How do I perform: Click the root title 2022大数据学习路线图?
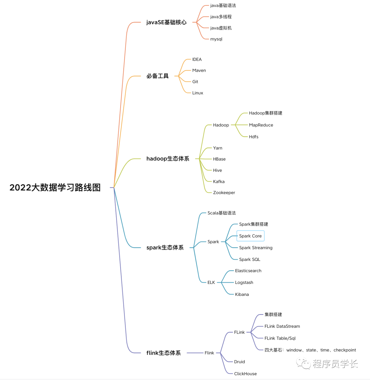click(55, 187)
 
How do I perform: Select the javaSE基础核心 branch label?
click(166, 22)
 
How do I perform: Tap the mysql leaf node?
click(216, 39)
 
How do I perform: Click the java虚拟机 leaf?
click(221, 28)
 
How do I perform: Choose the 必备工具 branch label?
click(158, 76)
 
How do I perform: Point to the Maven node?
click(199, 70)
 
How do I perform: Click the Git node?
click(195, 82)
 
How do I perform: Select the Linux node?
click(198, 93)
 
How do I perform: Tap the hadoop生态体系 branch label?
click(168, 159)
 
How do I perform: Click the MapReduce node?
click(261, 125)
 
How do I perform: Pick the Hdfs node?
click(254, 137)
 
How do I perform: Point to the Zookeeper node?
click(224, 193)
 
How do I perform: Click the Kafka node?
click(219, 181)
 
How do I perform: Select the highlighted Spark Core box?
click(250, 236)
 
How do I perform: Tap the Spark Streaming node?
click(256, 247)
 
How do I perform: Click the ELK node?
click(211, 282)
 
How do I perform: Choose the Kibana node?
click(242, 294)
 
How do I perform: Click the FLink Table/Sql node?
click(280, 338)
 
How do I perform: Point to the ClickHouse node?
click(245, 373)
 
